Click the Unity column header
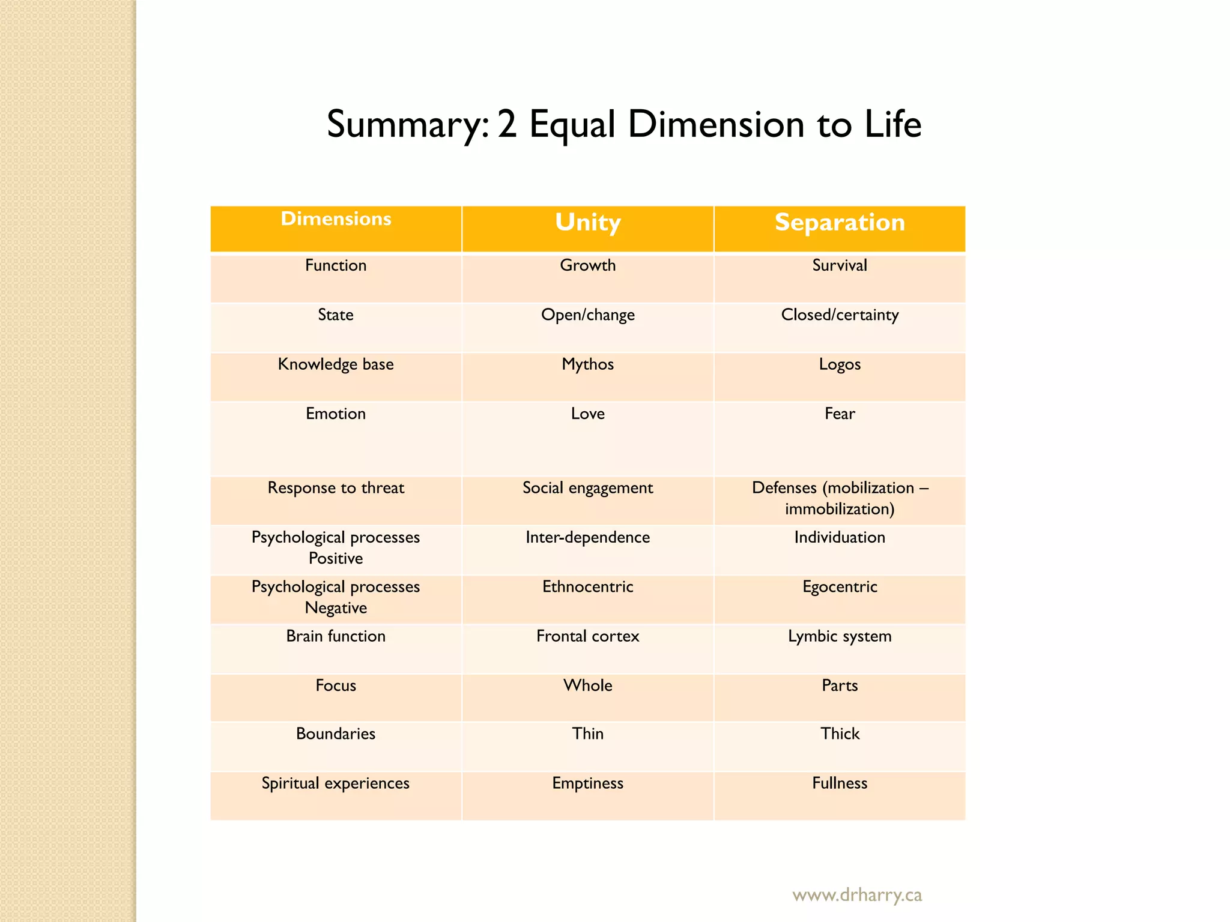pos(587,223)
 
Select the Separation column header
pos(840,223)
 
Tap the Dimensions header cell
pos(336,219)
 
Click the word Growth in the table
pos(587,265)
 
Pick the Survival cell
pos(840,265)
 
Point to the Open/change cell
pos(587,315)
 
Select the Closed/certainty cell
pos(840,315)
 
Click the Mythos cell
pos(587,364)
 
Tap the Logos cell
pos(840,364)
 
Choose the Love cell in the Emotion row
pos(587,414)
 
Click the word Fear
pos(840,414)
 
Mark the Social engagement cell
pos(587,488)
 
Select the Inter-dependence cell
pos(587,537)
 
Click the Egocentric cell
pos(840,587)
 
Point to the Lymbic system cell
pos(840,636)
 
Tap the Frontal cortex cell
pos(587,636)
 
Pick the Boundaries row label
pos(336,734)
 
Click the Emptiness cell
pos(587,783)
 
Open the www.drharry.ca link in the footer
pos(857,895)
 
